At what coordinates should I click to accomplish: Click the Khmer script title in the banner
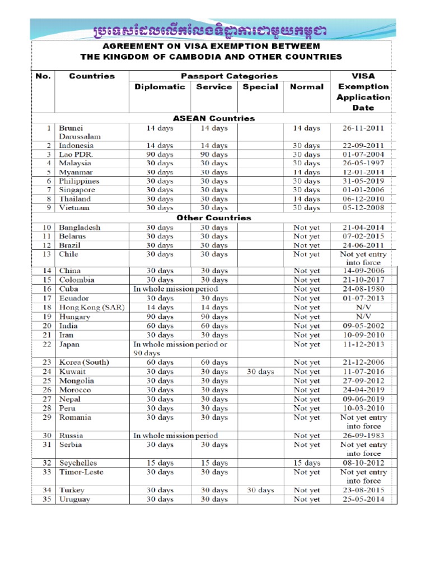click(x=211, y=29)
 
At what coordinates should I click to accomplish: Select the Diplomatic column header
click(x=160, y=87)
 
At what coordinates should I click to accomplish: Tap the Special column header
click(x=260, y=87)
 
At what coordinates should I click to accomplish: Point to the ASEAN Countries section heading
click(x=215, y=118)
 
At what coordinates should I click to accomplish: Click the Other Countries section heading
click(x=214, y=217)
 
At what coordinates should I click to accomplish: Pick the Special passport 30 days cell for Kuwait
click(x=260, y=372)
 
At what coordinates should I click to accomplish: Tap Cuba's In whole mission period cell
click(x=175, y=289)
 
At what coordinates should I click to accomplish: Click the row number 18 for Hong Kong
click(x=47, y=307)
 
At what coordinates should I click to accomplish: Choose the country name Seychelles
click(x=78, y=463)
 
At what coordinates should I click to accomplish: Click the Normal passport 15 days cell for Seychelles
click(x=307, y=463)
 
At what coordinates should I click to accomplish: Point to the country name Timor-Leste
click(x=81, y=472)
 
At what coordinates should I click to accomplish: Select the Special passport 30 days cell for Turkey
click(x=260, y=490)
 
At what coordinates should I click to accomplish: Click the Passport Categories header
click(x=229, y=76)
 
